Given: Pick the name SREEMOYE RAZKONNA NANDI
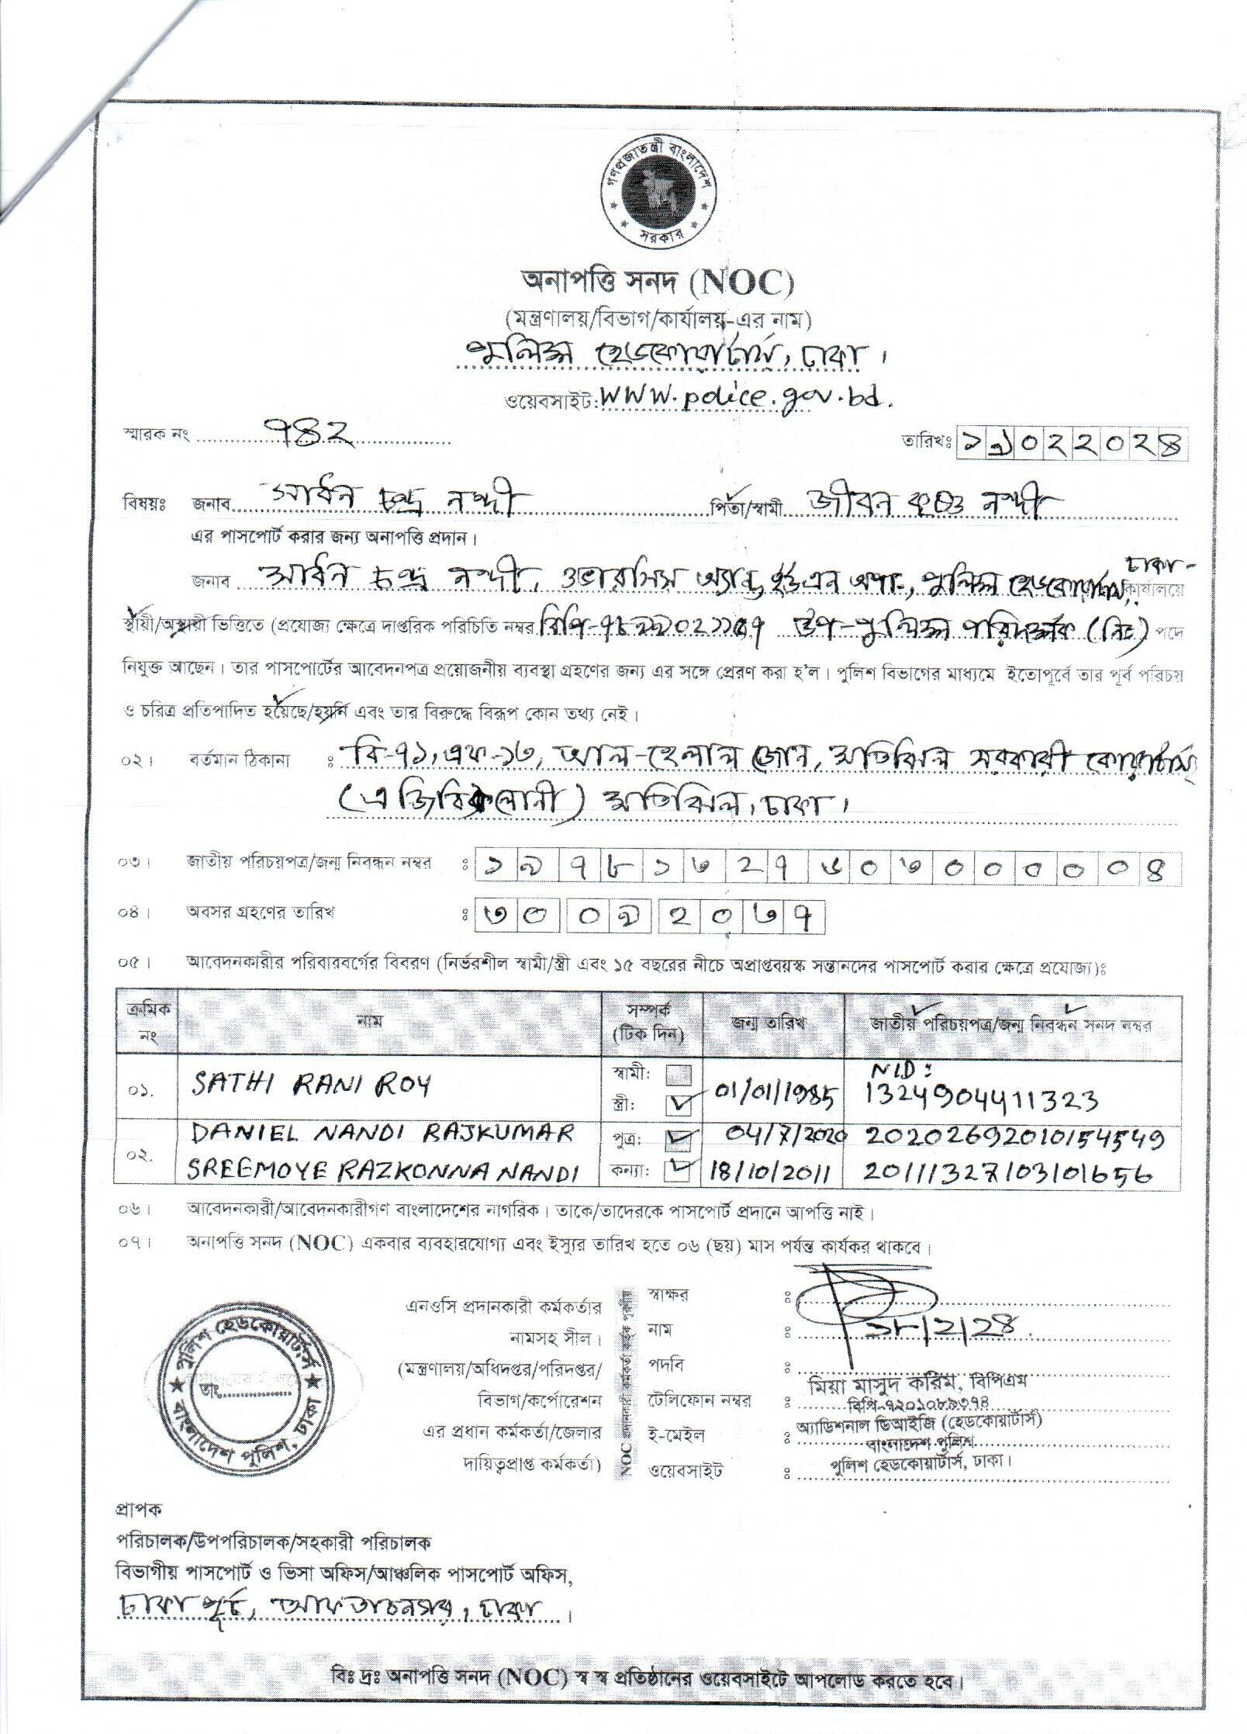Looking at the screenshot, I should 384,1172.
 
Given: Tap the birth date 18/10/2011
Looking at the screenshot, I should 770,1173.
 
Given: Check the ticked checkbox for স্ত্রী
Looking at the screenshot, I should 679,1102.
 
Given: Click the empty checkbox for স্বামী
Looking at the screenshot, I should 679,1075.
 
